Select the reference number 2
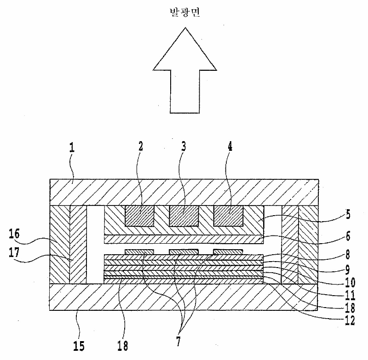pyautogui.click(x=141, y=147)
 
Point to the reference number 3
pyautogui.click(x=184, y=147)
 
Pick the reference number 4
pyautogui.click(x=230, y=147)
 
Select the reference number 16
pyautogui.click(x=14, y=234)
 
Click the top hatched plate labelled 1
pyautogui.click(x=184, y=192)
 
